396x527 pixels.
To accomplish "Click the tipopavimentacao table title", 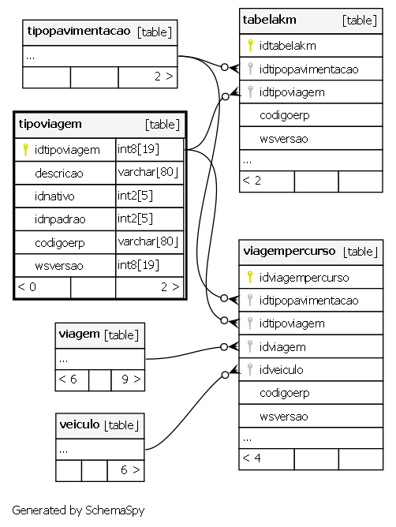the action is [x=79, y=32].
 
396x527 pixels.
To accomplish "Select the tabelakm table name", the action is [x=269, y=20].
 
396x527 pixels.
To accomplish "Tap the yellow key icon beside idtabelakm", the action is [x=250, y=46].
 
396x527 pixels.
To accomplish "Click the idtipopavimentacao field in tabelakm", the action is [x=308, y=69].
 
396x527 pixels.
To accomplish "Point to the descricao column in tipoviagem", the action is [x=59, y=174].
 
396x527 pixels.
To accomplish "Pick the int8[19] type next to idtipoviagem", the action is [x=138, y=149].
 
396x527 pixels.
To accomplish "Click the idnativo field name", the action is [x=54, y=196].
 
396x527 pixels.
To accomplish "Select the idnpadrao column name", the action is [x=60, y=219].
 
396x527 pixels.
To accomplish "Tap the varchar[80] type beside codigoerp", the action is [x=148, y=241].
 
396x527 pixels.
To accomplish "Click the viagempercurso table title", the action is [x=289, y=251].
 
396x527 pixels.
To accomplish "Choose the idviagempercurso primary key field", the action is [x=304, y=278].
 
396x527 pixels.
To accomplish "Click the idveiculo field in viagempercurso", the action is [x=281, y=370].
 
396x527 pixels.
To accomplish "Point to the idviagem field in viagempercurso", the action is [x=282, y=347].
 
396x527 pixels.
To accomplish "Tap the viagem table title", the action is [x=79, y=335].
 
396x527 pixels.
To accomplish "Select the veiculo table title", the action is [x=80, y=424].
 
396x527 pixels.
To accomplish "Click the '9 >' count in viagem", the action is [x=131, y=379].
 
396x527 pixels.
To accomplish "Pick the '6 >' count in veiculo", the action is [x=130, y=469].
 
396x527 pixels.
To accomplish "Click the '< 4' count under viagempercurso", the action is [x=252, y=458].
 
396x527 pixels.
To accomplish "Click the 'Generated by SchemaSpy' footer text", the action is [x=78, y=510].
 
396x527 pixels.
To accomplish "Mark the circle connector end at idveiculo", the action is [x=225, y=375].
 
